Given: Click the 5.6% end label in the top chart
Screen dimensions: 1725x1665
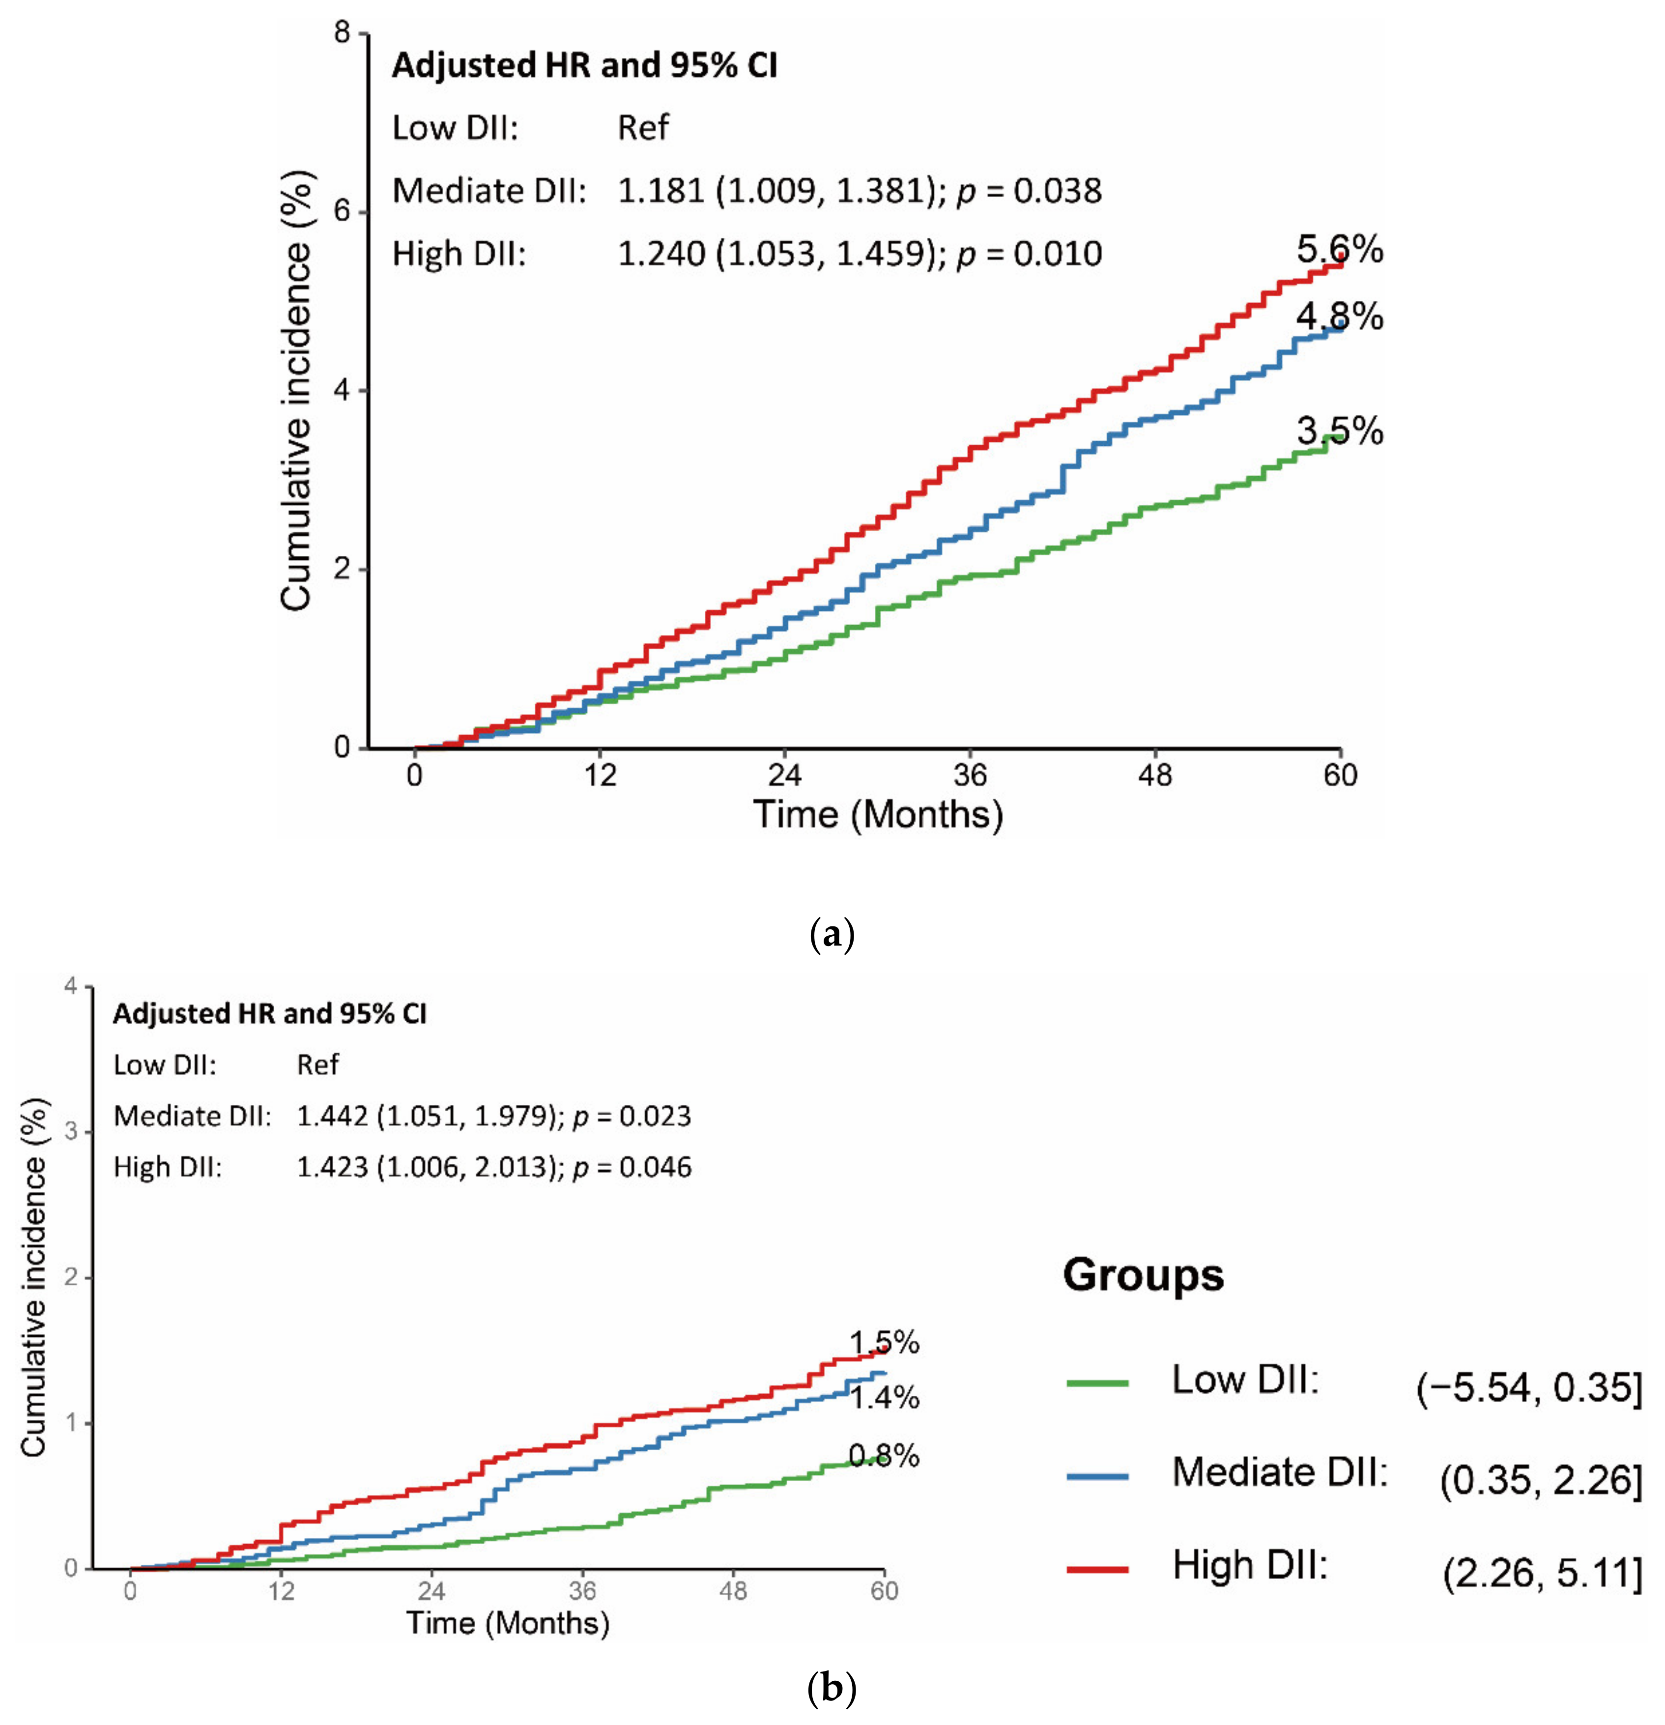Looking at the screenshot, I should (x=1339, y=250).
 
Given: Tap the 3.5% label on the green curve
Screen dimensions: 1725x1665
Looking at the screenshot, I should (x=1339, y=431).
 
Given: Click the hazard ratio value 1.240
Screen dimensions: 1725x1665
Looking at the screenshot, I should (x=661, y=254).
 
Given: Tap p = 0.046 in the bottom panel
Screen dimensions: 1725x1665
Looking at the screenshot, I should (x=632, y=1167).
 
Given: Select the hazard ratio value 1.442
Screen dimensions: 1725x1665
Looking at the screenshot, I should (x=332, y=1116).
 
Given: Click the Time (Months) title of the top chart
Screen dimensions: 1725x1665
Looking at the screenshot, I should (x=877, y=814).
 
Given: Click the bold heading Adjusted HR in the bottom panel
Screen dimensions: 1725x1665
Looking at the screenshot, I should (x=269, y=1014).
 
